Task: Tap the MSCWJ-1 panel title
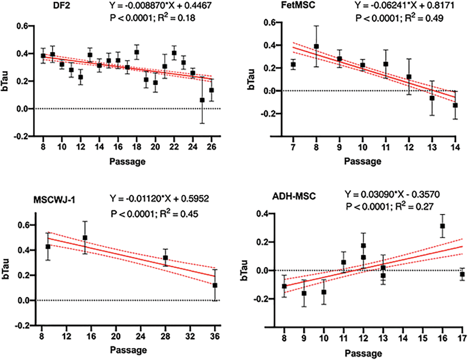pos(54,200)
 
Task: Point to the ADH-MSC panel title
pos(294,196)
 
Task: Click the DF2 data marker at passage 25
pos(202,100)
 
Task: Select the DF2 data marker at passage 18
pos(136,52)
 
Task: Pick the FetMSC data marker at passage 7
pos(293,64)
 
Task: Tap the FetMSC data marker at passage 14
pos(455,105)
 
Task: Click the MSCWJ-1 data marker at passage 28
pos(165,258)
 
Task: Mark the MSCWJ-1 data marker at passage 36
pos(215,285)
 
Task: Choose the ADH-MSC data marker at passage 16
pos(442,226)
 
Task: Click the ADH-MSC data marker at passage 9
pos(304,293)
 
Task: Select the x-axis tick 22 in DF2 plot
pos(174,147)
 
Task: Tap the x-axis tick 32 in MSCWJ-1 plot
pos(190,336)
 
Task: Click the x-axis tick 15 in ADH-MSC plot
pos(423,338)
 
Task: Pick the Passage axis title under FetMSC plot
pos(362,161)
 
